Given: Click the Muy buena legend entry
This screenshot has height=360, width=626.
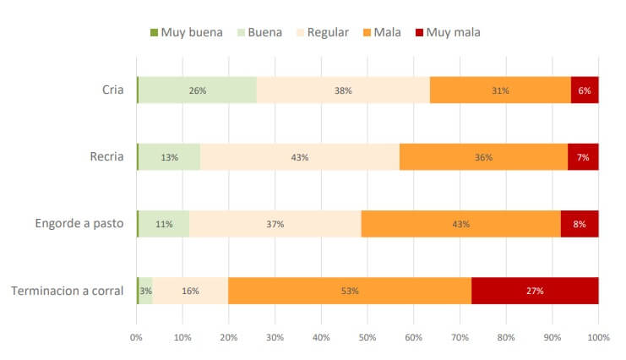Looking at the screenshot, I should (187, 32).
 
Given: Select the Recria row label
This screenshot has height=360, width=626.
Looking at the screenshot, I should (106, 156).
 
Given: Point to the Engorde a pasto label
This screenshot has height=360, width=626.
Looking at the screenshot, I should (79, 224).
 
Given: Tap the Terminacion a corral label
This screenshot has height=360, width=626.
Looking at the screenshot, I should (68, 291).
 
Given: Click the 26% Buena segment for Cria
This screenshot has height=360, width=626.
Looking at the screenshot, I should (198, 90).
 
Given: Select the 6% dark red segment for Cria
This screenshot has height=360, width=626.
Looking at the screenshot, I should (585, 90).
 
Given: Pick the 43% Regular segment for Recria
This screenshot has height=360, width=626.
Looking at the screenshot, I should (300, 156).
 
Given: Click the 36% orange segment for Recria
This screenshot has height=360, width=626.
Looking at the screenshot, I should (483, 156).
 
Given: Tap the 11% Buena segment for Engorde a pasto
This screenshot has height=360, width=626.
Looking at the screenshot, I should (164, 224).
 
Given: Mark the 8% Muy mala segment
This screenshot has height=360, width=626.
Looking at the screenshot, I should (580, 224).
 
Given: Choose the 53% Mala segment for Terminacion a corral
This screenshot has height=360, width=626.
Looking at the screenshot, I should (350, 291).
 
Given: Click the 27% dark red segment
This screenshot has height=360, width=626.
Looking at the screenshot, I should (535, 291).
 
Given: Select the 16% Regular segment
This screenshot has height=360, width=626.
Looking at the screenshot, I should (190, 291).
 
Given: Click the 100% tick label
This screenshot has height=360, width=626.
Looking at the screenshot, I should (598, 338).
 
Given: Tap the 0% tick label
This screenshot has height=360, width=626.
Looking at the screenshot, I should (137, 338).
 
